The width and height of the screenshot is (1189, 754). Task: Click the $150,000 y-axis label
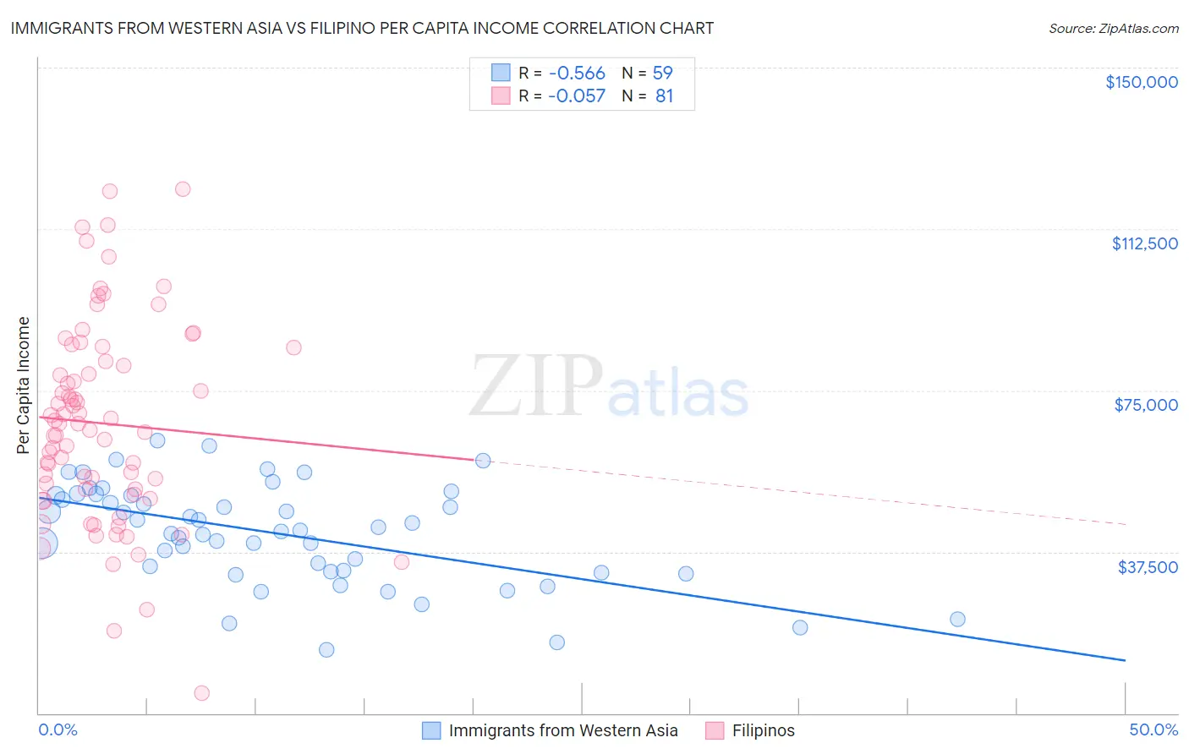point(1141,82)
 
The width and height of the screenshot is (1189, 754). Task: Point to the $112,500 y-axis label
point(1144,243)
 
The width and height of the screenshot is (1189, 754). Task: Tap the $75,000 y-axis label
point(1145,405)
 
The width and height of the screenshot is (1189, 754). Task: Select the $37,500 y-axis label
point(1147,567)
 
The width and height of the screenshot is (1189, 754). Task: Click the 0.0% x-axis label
point(58,729)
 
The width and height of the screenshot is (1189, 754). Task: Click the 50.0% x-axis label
point(1153,729)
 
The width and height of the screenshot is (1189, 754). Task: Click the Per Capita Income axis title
point(24,385)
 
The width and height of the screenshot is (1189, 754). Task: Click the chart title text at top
point(362,28)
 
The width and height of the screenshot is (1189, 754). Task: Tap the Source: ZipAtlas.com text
point(1113,28)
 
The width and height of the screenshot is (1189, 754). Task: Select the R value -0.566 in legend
point(577,73)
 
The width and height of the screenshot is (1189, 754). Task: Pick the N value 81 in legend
point(664,96)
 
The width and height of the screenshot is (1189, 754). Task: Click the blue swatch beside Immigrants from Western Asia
point(431,730)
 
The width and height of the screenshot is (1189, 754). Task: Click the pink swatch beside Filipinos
point(715,730)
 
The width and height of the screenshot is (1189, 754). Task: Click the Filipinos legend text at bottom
point(763,730)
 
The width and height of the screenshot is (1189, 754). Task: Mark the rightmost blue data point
point(957,619)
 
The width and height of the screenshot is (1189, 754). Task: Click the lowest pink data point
point(202,693)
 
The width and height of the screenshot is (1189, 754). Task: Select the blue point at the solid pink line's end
point(483,461)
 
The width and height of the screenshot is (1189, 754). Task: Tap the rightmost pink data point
point(402,562)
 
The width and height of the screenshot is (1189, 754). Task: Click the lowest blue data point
point(326,650)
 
